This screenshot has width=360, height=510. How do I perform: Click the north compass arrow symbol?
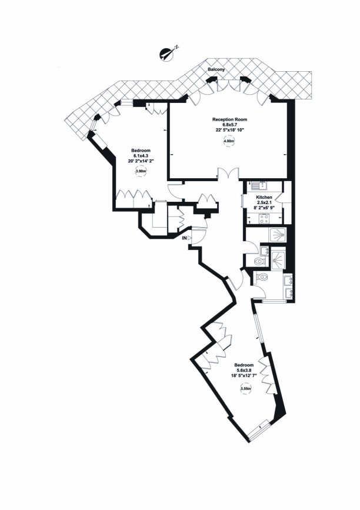[x=168, y=54]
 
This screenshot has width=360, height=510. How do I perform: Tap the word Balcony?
[x=215, y=70]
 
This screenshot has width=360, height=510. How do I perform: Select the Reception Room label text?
[x=228, y=119]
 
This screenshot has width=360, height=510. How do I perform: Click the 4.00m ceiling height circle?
[x=228, y=142]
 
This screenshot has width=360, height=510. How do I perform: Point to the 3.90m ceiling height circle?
[x=142, y=172]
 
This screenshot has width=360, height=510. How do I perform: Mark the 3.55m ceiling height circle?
[x=246, y=389]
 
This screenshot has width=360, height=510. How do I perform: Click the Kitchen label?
[x=264, y=198]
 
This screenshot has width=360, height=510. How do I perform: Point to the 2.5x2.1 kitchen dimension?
[x=264, y=203]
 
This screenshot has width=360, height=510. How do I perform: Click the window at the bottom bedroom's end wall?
[x=258, y=431]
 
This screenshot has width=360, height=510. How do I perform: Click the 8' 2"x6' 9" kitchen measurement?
[x=264, y=208]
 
